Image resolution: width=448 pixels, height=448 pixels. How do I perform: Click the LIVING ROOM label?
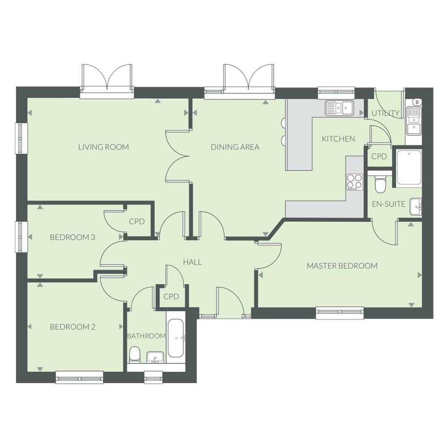pos(103,147)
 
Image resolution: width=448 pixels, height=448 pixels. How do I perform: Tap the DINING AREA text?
pos(235,147)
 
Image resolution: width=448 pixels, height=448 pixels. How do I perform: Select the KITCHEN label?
pos(338,139)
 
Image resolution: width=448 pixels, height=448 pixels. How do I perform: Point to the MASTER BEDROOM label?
pos(342,266)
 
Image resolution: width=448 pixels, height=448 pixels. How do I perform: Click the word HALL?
pos(192,262)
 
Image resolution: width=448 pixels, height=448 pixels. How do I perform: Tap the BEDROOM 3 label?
pos(73,237)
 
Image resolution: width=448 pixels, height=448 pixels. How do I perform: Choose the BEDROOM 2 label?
pos(73,327)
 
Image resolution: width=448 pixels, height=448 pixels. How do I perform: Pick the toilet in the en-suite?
pos(380,184)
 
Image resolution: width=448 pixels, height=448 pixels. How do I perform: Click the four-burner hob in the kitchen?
pos(355,181)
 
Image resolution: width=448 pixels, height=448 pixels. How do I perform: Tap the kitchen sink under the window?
pos(340,108)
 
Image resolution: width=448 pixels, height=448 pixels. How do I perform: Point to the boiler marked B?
pos(417,102)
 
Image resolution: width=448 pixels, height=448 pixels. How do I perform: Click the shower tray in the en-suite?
pos(408,168)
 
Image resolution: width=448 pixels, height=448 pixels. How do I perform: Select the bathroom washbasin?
pos(155,357)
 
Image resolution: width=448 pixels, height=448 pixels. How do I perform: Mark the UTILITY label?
pos(385,113)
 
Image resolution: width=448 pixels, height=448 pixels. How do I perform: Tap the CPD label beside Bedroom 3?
pos(137,221)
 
